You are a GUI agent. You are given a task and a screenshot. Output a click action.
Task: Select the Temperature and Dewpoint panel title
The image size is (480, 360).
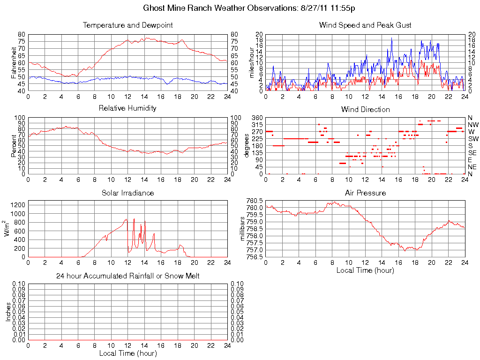point(127,25)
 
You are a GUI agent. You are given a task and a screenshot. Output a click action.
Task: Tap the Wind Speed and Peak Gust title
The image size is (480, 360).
point(365,25)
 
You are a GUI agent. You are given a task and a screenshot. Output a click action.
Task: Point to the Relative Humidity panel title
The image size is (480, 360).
point(127,108)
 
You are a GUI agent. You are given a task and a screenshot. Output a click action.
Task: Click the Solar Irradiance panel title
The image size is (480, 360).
point(127,193)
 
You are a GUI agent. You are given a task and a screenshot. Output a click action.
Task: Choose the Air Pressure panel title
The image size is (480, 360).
point(365,193)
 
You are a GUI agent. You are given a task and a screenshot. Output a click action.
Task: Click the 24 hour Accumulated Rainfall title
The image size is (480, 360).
point(127,276)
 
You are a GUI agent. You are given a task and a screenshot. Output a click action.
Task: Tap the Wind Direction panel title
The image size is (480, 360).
point(365,109)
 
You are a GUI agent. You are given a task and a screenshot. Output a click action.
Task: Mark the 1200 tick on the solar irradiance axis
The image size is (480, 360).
point(17,204)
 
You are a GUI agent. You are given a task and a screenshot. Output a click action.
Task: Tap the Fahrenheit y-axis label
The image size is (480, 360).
point(14,62)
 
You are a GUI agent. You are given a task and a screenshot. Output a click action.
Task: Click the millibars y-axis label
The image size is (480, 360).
point(243,229)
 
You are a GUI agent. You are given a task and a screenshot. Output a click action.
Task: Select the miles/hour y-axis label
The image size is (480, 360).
point(251,62)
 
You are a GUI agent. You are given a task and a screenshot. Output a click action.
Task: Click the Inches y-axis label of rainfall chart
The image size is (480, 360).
point(8,312)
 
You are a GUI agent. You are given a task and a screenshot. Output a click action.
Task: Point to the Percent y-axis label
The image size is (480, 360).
point(14,146)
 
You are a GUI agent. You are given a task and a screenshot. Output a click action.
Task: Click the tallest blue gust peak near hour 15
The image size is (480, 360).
point(391,38)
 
